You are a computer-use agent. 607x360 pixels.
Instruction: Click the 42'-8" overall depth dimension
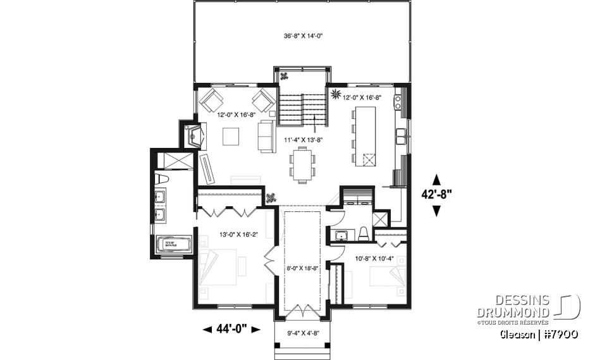(x=436, y=195)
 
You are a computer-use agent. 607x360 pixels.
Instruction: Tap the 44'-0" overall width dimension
(x=231, y=328)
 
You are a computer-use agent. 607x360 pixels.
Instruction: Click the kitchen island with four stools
(x=365, y=136)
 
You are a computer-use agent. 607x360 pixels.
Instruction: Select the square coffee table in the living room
(x=230, y=136)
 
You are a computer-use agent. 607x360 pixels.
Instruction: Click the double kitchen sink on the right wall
(x=401, y=135)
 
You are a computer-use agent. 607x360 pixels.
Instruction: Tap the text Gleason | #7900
(x=539, y=333)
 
